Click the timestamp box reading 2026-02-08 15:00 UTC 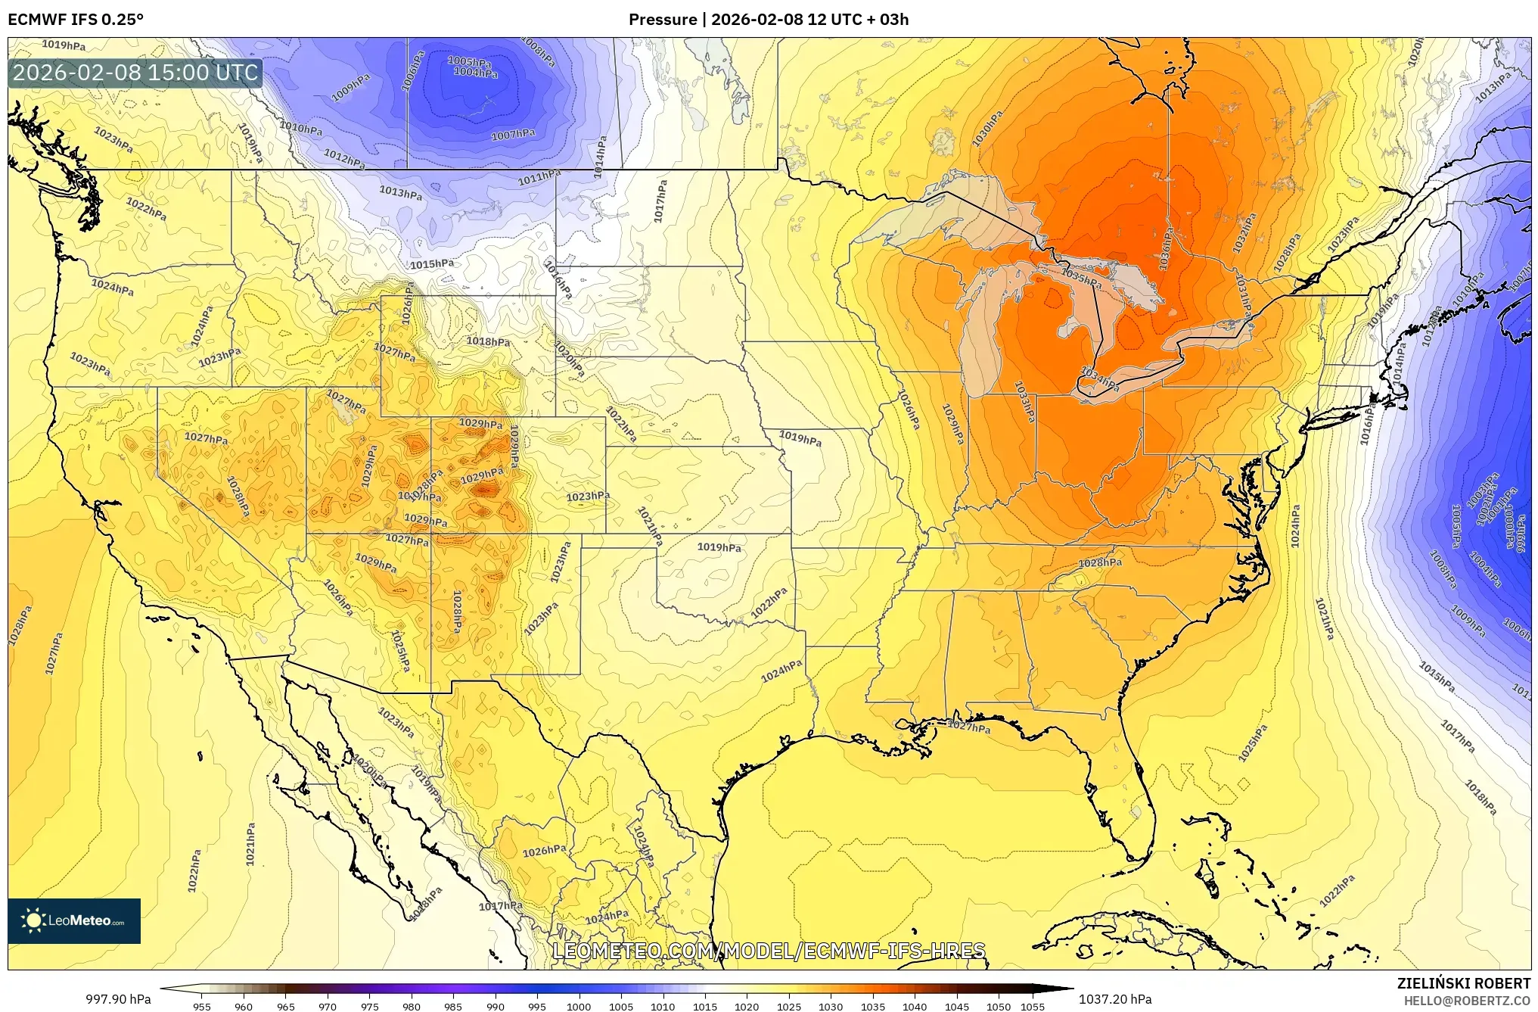135,73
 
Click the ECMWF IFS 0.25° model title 76,20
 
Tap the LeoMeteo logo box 74,920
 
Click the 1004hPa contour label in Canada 475,73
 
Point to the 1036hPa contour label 1164,249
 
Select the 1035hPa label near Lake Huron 1081,279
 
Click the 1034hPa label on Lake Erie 1100,378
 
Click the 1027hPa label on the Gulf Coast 969,727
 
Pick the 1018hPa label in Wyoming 487,341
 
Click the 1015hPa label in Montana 432,264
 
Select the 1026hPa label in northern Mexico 545,851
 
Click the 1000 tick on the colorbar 579,1007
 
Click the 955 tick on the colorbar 201,1007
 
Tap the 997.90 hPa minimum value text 118,1000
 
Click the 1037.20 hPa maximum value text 1115,1000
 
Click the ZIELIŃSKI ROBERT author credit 1463,983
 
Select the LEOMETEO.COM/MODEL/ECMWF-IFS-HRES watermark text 769,951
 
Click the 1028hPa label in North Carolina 1100,562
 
